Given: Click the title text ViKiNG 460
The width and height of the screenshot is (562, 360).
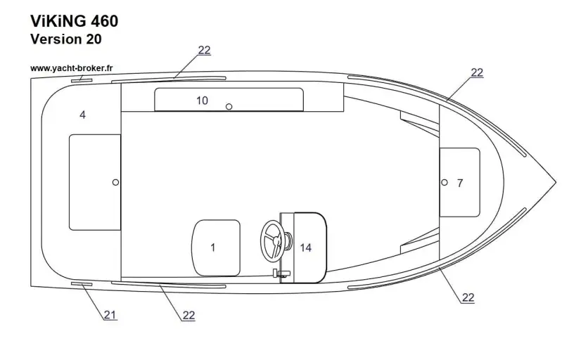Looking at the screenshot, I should coord(74,21).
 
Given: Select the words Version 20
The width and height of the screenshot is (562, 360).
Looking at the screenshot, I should coord(66,39).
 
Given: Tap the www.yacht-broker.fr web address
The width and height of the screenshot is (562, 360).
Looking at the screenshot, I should coord(73,68).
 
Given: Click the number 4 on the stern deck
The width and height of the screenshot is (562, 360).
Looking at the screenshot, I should coord(82,115).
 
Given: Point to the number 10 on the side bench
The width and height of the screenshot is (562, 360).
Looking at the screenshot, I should coord(202,101).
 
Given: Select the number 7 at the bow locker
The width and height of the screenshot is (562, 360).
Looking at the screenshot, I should coord(460,183).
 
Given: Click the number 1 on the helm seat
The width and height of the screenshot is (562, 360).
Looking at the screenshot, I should coord(212,247).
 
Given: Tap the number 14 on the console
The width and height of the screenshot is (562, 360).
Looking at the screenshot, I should coord(305,247).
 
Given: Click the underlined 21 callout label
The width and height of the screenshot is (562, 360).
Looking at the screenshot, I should coord(110,314).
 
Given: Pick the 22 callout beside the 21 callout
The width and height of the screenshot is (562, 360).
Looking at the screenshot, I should coord(189,315).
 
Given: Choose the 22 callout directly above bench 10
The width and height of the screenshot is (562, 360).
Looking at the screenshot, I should coord(204,50).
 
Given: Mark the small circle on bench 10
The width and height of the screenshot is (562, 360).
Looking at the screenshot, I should coord(229,107).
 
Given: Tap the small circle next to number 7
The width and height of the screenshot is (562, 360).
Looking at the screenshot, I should coord(444,182).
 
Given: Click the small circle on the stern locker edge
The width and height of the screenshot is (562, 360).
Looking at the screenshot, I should coord(115,182).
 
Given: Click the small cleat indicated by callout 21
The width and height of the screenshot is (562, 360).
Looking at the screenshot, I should coord(81,283).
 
